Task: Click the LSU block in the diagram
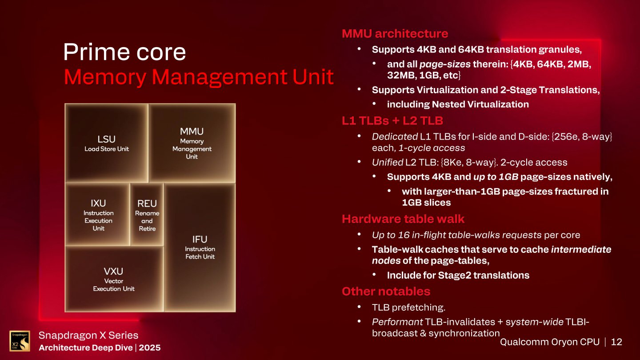point(107,143)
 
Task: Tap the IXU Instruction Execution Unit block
point(98,215)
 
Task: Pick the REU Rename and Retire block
point(147,215)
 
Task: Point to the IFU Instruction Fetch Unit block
point(200,247)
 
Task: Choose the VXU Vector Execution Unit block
point(114,279)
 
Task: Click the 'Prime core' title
point(124,52)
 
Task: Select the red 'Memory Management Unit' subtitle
point(199,77)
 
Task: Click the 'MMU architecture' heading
point(395,33)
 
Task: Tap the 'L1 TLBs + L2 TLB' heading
point(392,120)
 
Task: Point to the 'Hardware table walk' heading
point(403,219)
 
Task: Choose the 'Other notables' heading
point(386,291)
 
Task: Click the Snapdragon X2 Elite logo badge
point(20,341)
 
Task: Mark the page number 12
point(616,342)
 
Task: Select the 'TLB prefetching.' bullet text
point(408,307)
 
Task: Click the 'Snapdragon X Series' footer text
point(88,335)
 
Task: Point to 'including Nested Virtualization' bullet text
point(458,104)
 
